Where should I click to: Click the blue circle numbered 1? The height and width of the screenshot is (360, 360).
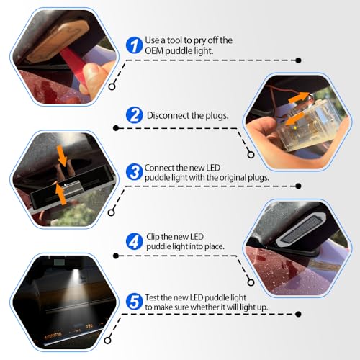point(134,45)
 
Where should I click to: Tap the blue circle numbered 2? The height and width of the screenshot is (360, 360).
point(134,115)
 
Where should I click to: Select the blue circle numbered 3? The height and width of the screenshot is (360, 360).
point(134,172)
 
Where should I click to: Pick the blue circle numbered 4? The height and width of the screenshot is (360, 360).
point(134,241)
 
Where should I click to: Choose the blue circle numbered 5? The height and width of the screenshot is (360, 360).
point(134,302)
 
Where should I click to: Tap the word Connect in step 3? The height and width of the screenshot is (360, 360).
point(159,168)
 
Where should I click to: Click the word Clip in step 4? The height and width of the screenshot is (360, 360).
point(153,237)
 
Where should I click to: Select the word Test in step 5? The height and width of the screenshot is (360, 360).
point(152,297)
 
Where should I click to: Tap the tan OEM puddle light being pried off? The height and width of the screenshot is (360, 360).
point(58,40)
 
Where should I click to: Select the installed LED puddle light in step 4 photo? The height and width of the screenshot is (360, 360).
point(301,230)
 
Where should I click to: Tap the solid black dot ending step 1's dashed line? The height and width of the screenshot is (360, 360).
point(298,60)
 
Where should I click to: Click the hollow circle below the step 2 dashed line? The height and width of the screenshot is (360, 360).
point(251,155)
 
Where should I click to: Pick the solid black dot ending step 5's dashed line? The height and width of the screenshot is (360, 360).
point(298,314)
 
